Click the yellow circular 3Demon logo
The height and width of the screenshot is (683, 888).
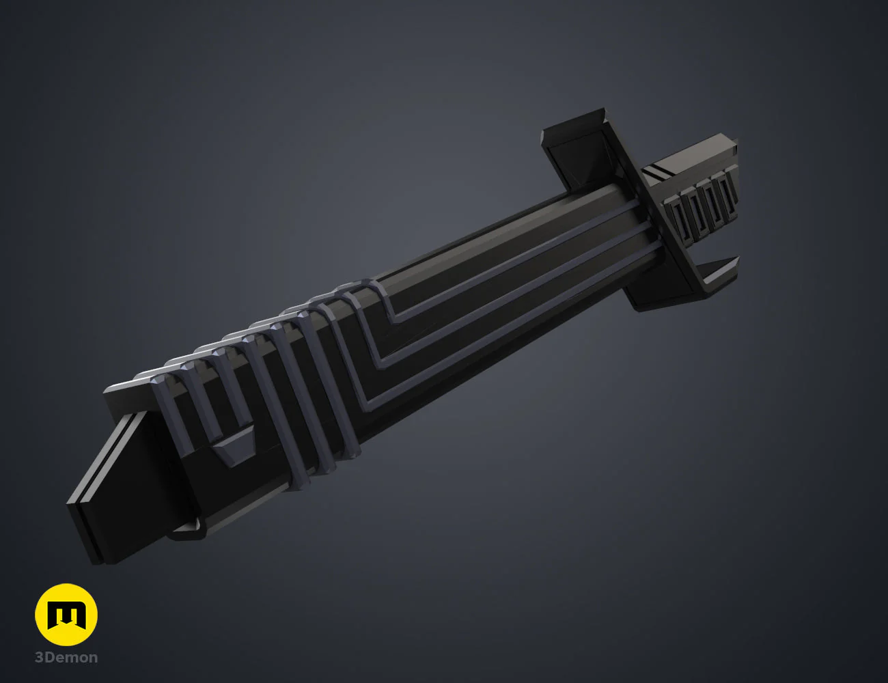[66, 615]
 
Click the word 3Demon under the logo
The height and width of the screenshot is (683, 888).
[66, 658]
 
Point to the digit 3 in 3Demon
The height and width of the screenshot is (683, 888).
[39, 658]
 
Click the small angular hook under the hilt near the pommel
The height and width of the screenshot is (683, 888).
[188, 529]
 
